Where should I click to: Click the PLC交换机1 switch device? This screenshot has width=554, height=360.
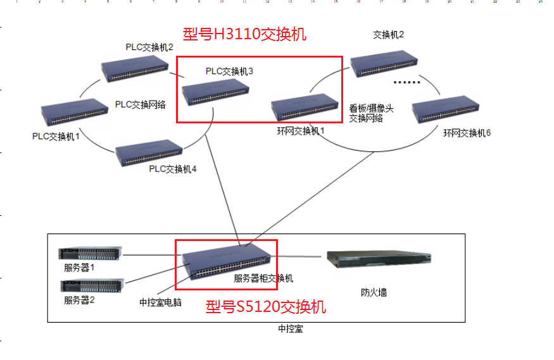pos(75,112)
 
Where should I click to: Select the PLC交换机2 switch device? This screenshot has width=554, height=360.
pos(135,68)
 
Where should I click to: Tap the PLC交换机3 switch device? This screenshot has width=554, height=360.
pos(215,92)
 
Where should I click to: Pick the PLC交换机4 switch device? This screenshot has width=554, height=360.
pos(149,153)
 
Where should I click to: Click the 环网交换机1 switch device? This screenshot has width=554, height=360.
pos(305,108)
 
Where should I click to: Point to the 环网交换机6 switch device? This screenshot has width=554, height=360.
pos(446,109)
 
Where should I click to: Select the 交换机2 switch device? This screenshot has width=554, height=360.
pos(384,64)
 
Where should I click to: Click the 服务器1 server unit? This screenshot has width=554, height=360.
pos(91,253)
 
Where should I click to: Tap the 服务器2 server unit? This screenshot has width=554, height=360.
pos(92,285)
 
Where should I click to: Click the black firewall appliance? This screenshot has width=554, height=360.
pos(379,260)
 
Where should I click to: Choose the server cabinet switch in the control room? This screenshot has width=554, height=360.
pos(227,263)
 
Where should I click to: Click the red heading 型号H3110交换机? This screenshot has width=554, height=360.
pos(244,34)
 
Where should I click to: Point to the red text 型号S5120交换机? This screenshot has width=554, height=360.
pos(266,307)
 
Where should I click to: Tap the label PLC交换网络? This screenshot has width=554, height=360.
pos(141,104)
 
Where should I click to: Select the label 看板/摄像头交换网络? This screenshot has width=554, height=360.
pos(371,113)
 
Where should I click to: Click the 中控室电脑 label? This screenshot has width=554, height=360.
pos(160,302)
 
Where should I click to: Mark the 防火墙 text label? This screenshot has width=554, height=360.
pos(374,292)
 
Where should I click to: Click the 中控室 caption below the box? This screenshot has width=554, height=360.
pos(291,329)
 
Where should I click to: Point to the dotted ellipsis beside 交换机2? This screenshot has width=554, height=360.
pos(407,82)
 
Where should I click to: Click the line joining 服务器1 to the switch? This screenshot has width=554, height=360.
pos(153,255)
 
